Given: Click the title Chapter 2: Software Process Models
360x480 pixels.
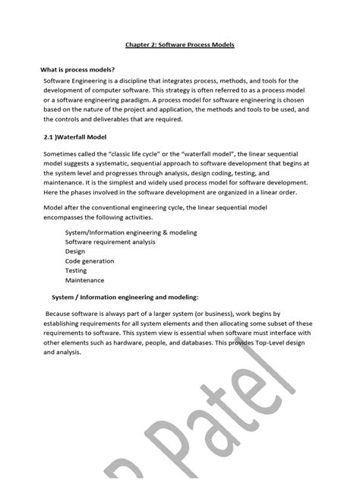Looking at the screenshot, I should click(179, 46).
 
